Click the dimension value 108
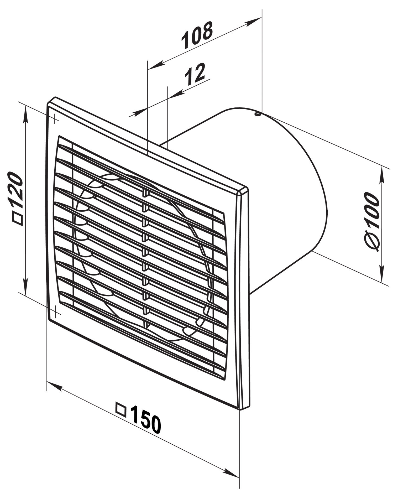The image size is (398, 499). click(x=197, y=36)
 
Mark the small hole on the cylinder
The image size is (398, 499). click(x=258, y=115)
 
